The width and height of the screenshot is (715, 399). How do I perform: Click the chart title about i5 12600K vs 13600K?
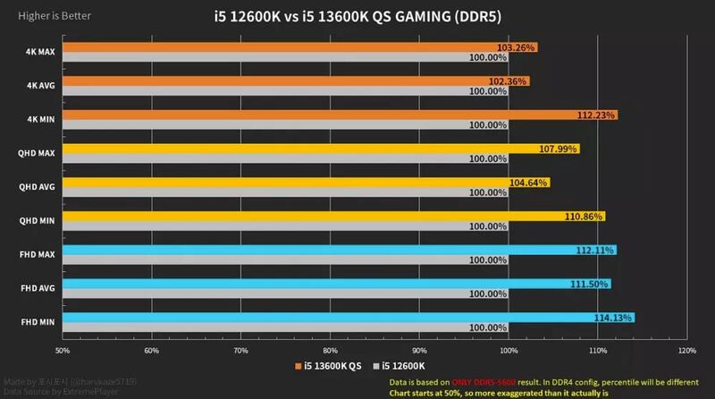coord(357,16)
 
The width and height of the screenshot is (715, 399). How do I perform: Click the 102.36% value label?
coord(509,81)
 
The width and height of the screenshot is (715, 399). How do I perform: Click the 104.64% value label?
coord(530,183)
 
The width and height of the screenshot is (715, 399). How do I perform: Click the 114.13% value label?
coord(614,318)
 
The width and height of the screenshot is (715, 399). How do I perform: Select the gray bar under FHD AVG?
coord(286,294)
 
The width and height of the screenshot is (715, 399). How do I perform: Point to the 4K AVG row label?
coord(41,85)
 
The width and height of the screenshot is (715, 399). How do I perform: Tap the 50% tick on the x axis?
coord(63,350)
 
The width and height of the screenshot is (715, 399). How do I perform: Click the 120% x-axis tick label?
coord(686,350)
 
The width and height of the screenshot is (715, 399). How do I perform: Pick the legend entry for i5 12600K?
coord(404,367)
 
